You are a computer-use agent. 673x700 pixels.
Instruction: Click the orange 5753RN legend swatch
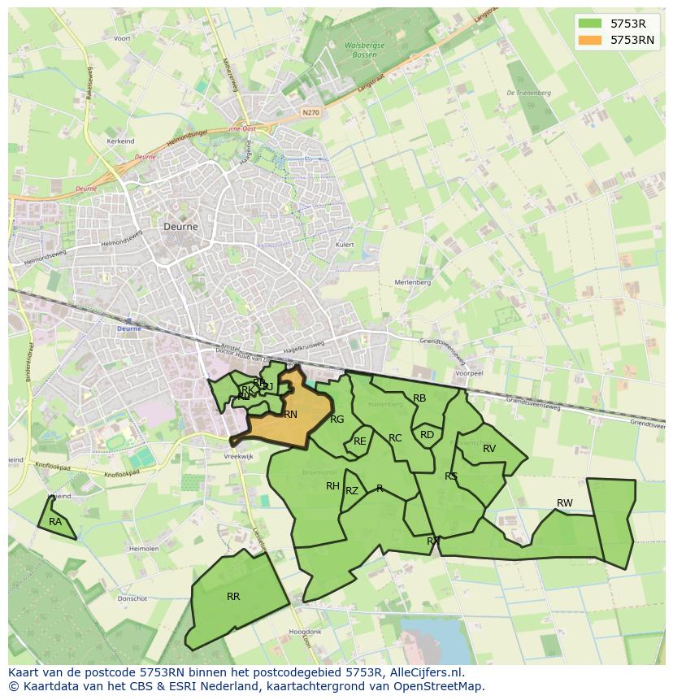point(591,40)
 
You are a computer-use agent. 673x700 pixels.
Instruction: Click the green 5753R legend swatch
point(591,24)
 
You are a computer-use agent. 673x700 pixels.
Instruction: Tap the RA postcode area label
point(55,522)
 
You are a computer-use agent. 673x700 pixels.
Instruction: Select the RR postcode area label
point(233,597)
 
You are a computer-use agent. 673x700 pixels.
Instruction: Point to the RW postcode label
point(564,503)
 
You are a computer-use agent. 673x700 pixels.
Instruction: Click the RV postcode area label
point(489,449)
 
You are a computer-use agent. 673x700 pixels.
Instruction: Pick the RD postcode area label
point(427,435)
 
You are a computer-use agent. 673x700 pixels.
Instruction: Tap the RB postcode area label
point(419,398)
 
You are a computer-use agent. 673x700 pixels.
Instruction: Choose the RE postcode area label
point(360,441)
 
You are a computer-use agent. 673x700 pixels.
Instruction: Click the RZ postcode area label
point(352,491)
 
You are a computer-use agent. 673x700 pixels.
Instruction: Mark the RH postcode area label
point(332,486)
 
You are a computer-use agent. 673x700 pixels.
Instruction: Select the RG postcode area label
point(337,420)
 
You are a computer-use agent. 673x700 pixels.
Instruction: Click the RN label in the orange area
point(290,415)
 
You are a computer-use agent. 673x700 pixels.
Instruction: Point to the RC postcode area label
point(395,438)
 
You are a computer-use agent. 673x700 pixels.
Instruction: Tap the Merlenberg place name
point(412,282)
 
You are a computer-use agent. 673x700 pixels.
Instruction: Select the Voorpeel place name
point(469,373)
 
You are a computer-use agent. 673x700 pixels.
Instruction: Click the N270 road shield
point(309,112)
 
